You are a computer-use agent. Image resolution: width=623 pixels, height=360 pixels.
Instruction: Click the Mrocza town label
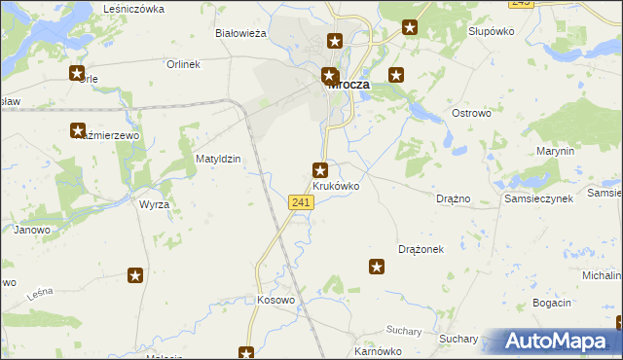348,85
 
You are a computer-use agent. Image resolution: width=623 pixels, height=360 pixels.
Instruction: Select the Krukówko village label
336,186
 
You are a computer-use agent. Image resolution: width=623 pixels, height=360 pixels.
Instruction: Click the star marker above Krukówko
319,170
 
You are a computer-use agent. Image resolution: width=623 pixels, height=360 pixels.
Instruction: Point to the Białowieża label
240,33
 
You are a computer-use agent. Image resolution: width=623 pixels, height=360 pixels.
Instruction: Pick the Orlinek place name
182,65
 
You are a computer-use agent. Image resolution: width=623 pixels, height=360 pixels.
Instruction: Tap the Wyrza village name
154,205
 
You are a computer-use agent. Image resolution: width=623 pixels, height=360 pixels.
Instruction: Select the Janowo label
31,231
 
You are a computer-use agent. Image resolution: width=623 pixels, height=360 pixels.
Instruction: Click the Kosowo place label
275,300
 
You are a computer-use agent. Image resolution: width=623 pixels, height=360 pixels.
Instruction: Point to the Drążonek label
421,249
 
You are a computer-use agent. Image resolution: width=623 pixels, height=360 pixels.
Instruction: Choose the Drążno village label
454,198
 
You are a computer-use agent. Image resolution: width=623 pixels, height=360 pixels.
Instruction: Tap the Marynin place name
556,152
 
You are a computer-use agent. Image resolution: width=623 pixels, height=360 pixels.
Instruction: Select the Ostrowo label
474,114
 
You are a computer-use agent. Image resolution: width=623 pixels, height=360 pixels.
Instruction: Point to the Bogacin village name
552,304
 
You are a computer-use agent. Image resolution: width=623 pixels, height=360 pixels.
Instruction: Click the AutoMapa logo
555,342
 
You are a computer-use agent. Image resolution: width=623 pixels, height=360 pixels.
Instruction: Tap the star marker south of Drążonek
377,267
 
